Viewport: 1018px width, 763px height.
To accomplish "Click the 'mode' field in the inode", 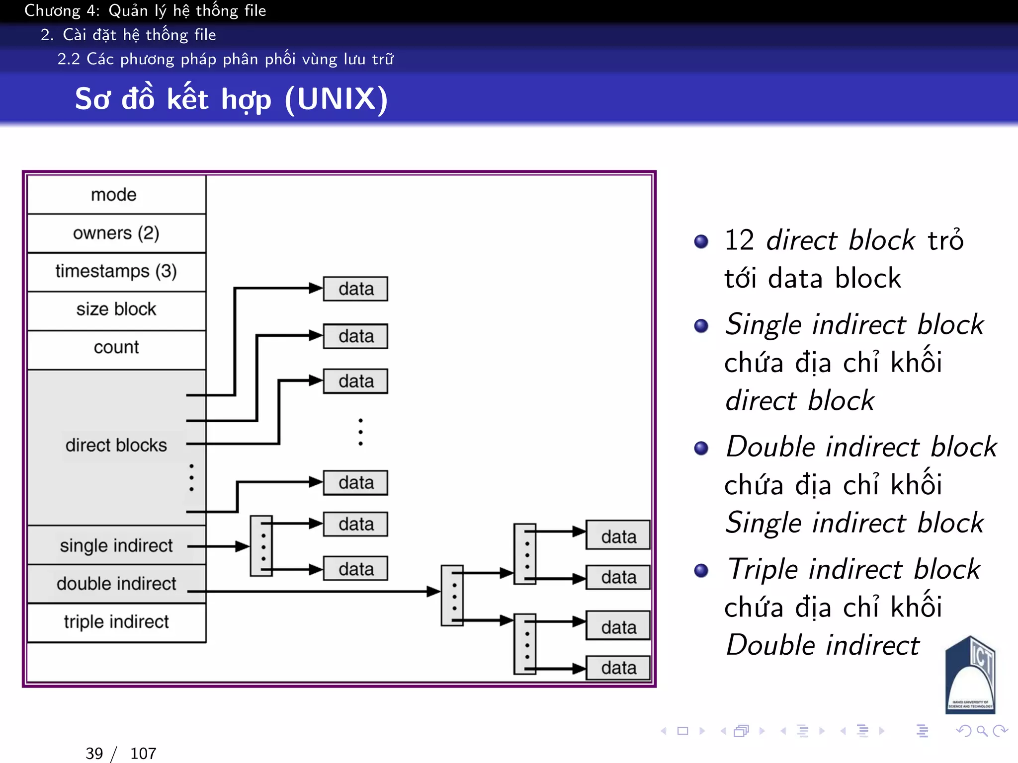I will pyautogui.click(x=116, y=195).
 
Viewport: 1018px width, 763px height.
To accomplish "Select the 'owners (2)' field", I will pyautogui.click(x=116, y=233).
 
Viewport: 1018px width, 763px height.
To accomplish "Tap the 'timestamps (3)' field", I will pyautogui.click(x=116, y=271).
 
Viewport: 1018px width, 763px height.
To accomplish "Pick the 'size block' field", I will pyautogui.click(x=116, y=309).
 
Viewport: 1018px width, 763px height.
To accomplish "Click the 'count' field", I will pyautogui.click(x=116, y=347).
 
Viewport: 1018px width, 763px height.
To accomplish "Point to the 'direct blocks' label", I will pyautogui.click(x=116, y=445).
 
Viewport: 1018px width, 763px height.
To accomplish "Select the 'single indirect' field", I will pyautogui.click(x=116, y=545).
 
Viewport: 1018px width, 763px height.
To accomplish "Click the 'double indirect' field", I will pyautogui.click(x=116, y=584).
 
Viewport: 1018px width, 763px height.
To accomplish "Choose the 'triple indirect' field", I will pyautogui.click(x=116, y=622).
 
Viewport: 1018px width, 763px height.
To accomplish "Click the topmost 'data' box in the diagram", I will pyautogui.click(x=355, y=289).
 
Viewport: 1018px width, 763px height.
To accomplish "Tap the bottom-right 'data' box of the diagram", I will pyautogui.click(x=618, y=668).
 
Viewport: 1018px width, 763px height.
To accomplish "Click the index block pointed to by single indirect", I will pyautogui.click(x=261, y=546).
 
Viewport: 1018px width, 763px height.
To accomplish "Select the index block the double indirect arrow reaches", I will pyautogui.click(x=452, y=595).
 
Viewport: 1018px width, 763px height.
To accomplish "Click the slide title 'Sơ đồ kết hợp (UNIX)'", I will pyautogui.click(x=231, y=99).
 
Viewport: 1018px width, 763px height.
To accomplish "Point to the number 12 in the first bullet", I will pyautogui.click(x=739, y=240).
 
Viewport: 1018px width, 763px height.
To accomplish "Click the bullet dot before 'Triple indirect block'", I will pyautogui.click(x=701, y=570).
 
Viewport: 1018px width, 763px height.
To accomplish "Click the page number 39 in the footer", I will pyautogui.click(x=94, y=753).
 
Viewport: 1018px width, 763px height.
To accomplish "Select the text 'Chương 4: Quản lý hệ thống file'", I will pyautogui.click(x=145, y=10).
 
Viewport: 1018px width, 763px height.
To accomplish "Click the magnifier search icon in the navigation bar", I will pyautogui.click(x=982, y=731).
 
